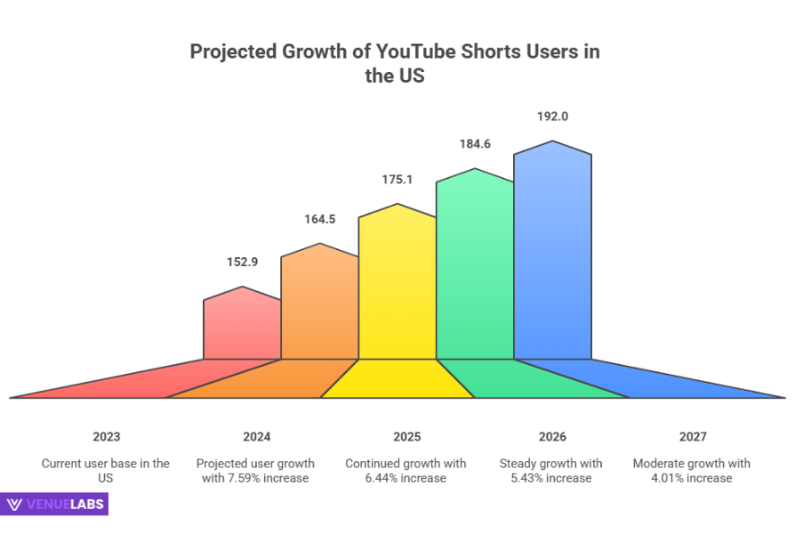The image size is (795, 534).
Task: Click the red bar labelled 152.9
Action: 242,327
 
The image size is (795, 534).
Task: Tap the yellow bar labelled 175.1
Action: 397,285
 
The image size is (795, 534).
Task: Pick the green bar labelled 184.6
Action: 474,267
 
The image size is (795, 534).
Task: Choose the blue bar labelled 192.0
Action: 552,254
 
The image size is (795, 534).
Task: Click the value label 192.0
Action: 552,116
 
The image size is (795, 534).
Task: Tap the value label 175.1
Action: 397,179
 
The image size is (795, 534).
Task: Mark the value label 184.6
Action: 474,143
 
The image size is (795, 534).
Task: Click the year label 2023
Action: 106,437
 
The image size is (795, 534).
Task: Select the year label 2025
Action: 406,437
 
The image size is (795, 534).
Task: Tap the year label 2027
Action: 692,437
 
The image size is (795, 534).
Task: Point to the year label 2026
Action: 551,437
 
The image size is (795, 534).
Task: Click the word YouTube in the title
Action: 417,52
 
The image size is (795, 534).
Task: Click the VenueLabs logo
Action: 55,505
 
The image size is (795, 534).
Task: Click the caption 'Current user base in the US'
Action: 106,471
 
